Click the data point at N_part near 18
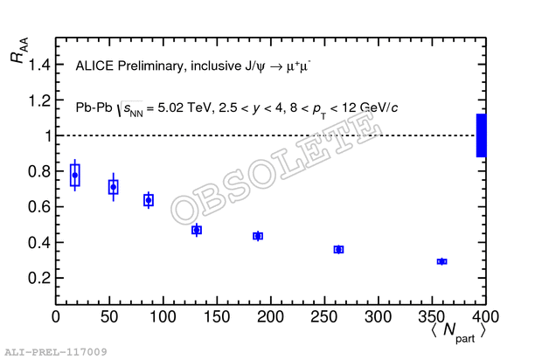pyautogui.click(x=75, y=175)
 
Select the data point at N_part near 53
pyautogui.click(x=113, y=187)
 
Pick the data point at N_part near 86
pyautogui.click(x=149, y=200)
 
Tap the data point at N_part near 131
pyautogui.click(x=197, y=230)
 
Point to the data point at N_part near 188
pyautogui.click(x=258, y=236)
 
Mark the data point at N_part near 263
pyautogui.click(x=338, y=250)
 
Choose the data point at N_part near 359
pyautogui.click(x=441, y=261)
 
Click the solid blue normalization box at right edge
pyautogui.click(x=481, y=135)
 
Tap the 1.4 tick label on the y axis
pyautogui.click(x=38, y=65)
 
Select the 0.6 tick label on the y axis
pyautogui.click(x=38, y=207)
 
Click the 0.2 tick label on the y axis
pyautogui.click(x=38, y=278)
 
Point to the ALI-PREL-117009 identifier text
pyautogui.click(x=55, y=352)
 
